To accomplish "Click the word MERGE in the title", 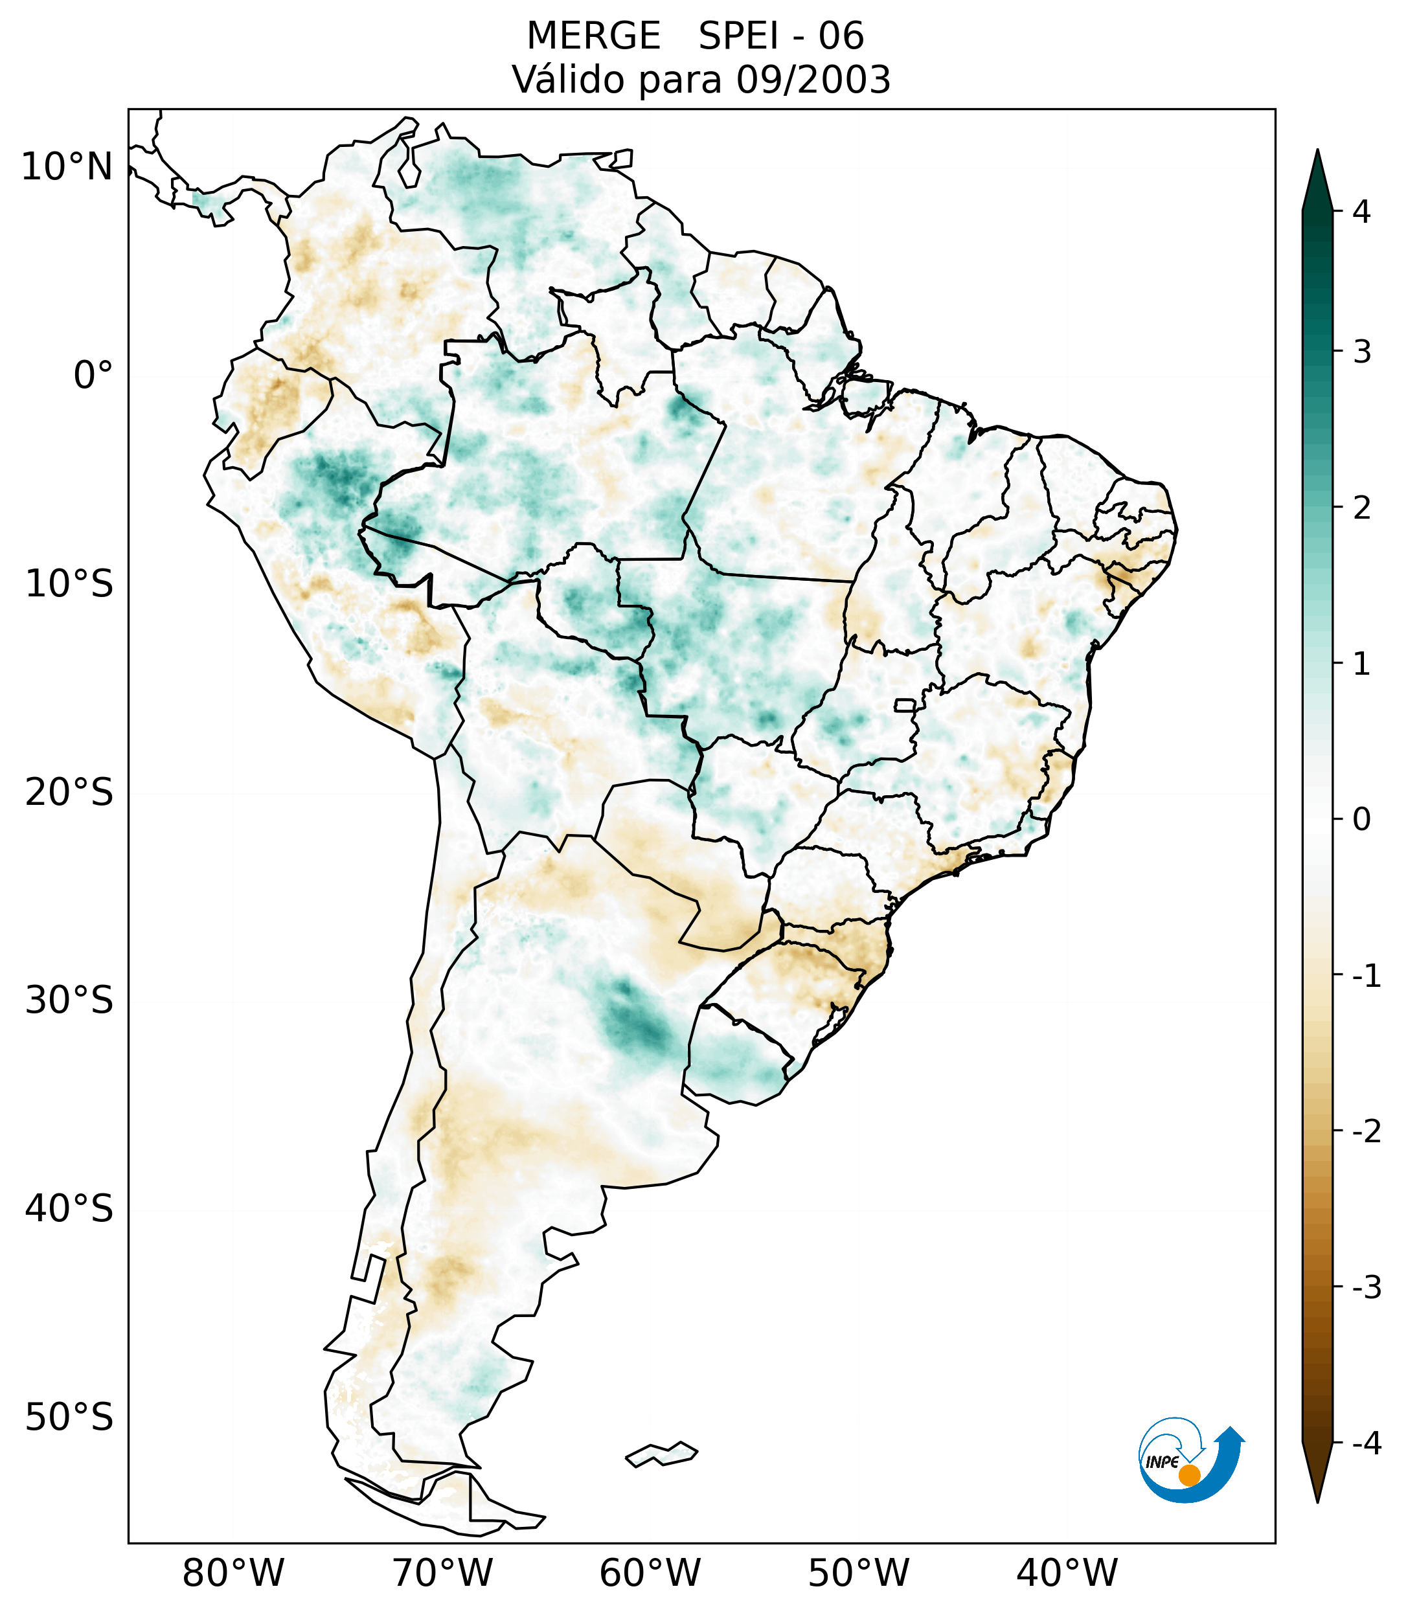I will coord(593,36).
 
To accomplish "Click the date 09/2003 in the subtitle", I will coord(813,80).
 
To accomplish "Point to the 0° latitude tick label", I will coord(93,376).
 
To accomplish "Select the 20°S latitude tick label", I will coord(69,793).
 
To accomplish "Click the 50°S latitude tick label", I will coord(69,1417).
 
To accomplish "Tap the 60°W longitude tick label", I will coord(650,1573).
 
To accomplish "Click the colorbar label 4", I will coord(1361,212).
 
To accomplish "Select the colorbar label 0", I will coord(1361,820).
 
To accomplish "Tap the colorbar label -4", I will coord(1366,1443).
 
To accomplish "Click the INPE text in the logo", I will coord(1162,1462).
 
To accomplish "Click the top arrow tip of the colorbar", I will coord(1317,152).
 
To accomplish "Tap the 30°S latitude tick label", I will coord(69,1000).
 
